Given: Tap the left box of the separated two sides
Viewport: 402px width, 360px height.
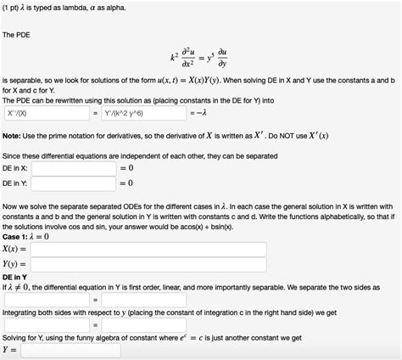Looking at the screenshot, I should (46, 299).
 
